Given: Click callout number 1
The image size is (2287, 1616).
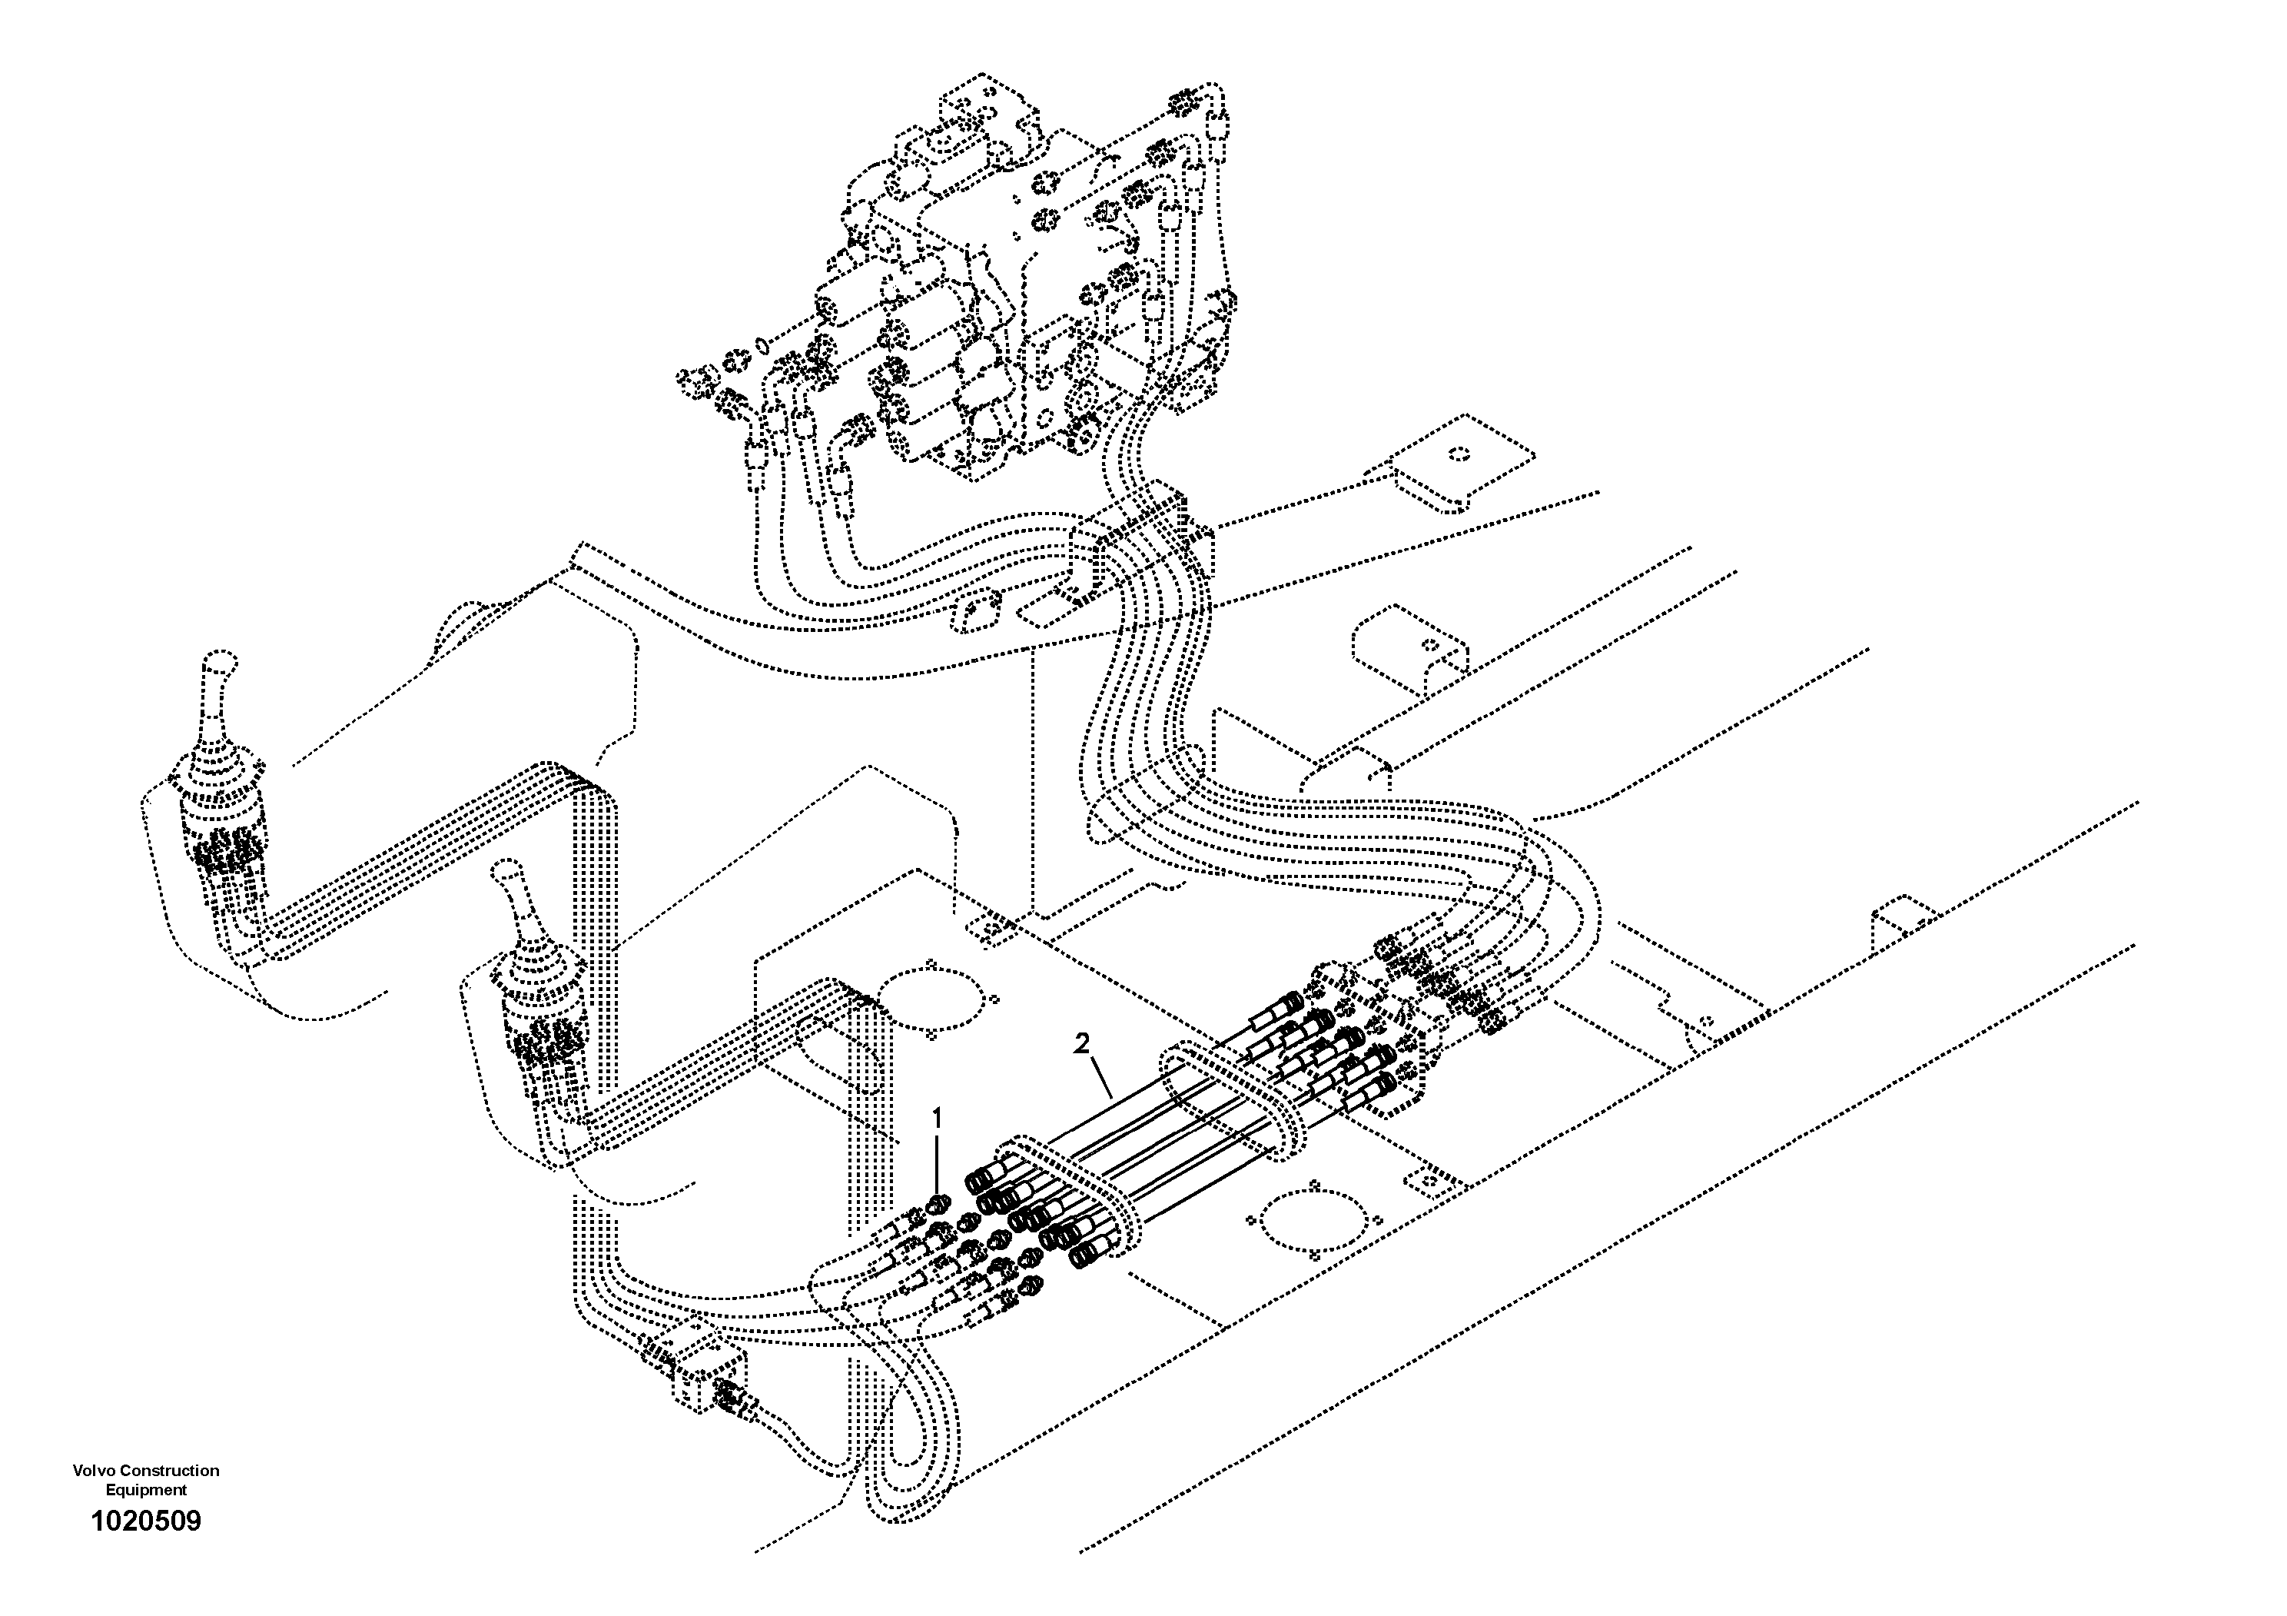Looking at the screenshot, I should [x=936, y=1119].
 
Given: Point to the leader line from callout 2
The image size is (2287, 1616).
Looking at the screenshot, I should [x=1100, y=1077].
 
